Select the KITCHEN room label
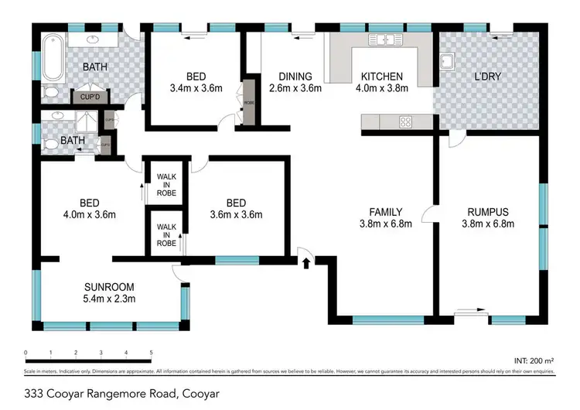click(381, 77)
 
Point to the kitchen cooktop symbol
click(405, 121)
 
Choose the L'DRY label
click(489, 77)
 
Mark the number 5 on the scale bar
click(151, 354)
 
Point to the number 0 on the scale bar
click(26, 354)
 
